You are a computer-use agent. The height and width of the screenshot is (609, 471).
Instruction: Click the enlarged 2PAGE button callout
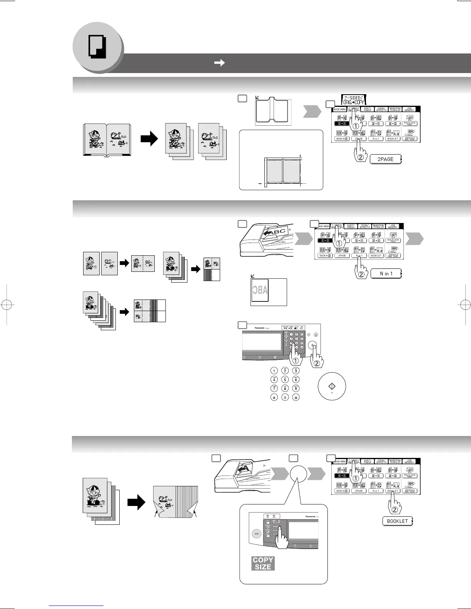click(385, 159)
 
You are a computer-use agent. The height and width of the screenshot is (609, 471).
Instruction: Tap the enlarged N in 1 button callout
click(386, 274)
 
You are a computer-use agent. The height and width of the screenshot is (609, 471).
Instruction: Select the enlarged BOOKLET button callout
click(397, 521)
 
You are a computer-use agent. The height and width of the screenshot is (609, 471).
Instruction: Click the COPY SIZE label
click(263, 563)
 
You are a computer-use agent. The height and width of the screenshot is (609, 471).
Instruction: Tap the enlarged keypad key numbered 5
click(285, 379)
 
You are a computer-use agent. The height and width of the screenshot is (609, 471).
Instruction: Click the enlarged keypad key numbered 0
click(285, 398)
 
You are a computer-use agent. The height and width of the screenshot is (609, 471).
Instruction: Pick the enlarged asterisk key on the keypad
click(274, 398)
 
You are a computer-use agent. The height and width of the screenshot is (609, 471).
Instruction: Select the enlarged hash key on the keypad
click(296, 398)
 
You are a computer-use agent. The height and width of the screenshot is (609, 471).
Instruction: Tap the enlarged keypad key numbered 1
click(274, 371)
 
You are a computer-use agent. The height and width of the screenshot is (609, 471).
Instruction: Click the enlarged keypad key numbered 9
click(296, 388)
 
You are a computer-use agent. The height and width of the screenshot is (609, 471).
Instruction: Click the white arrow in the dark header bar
click(219, 63)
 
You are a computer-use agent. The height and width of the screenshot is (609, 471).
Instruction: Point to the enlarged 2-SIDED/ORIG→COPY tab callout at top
click(354, 100)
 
